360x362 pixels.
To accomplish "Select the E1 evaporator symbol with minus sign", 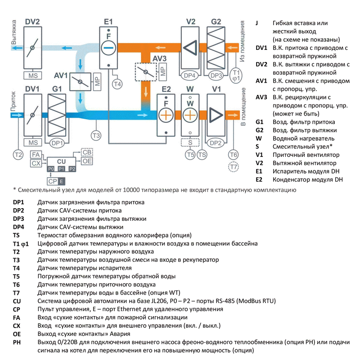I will tap(108, 47).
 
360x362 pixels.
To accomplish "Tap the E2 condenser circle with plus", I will tap(166, 115).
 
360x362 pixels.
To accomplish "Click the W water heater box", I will tap(190, 115).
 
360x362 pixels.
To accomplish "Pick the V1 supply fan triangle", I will tap(216, 115).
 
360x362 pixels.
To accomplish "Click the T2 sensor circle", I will tap(18, 155).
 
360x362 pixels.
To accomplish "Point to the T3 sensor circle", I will tap(96, 135).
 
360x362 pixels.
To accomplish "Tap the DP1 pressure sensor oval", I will tap(57, 143).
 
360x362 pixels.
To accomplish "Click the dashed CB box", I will tap(87, 152).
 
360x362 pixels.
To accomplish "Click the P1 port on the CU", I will tap(61, 169).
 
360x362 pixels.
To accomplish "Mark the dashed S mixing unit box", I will tap(190, 143).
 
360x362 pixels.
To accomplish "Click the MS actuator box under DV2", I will tap(32, 75).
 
